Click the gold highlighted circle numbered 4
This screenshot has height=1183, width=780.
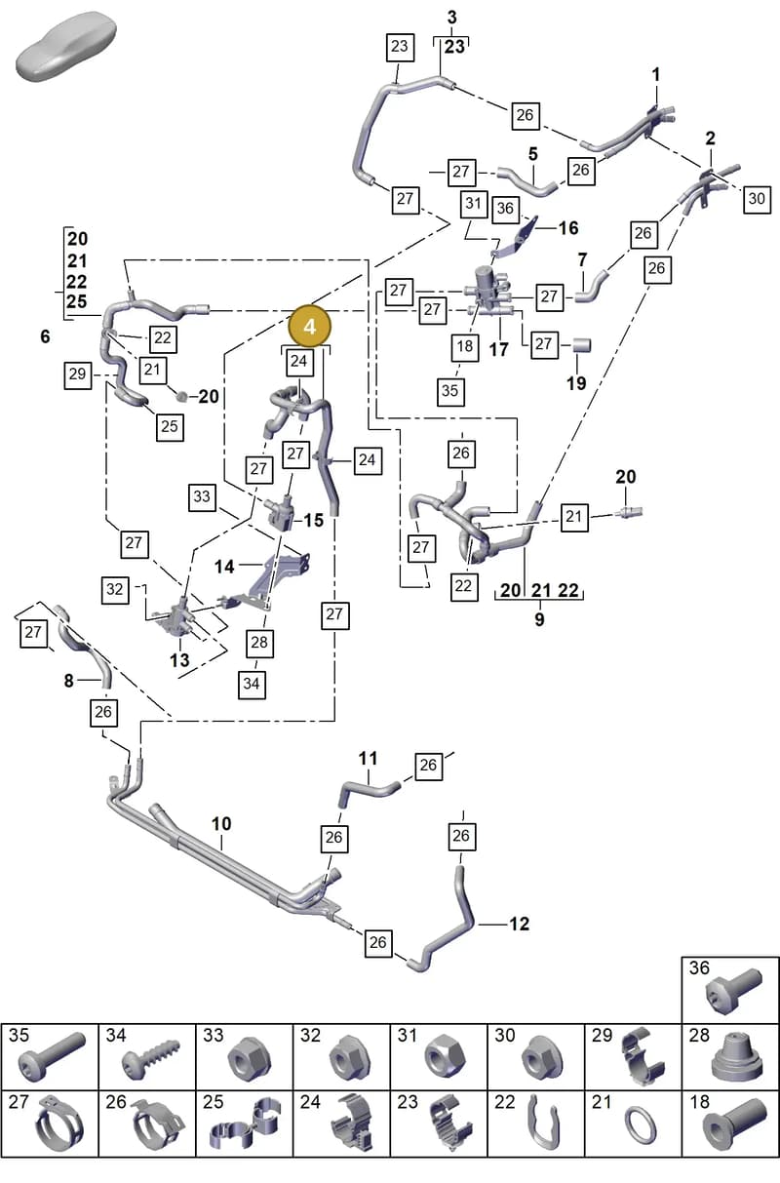coord(309,327)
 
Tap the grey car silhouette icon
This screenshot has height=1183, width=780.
coord(66,47)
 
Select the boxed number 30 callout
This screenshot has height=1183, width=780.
coord(757,199)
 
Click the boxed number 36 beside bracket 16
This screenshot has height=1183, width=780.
coord(505,208)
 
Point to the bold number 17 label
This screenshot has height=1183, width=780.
coord(498,349)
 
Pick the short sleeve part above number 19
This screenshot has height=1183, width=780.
coord(581,345)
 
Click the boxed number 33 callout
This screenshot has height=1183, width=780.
coord(202,497)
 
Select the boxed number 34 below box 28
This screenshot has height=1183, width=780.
coord(252,685)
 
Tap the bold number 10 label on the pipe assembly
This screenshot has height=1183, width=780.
coord(221,823)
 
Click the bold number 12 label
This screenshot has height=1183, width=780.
coord(519,924)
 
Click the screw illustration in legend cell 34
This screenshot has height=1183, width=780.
coord(151,1060)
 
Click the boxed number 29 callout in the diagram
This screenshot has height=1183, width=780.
coord(78,375)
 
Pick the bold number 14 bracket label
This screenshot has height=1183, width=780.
coord(224,567)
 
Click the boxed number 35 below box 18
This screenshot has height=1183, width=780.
coord(449,391)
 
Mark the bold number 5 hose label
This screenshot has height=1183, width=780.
coord(533,154)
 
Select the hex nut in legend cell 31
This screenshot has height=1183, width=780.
coord(445,1057)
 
